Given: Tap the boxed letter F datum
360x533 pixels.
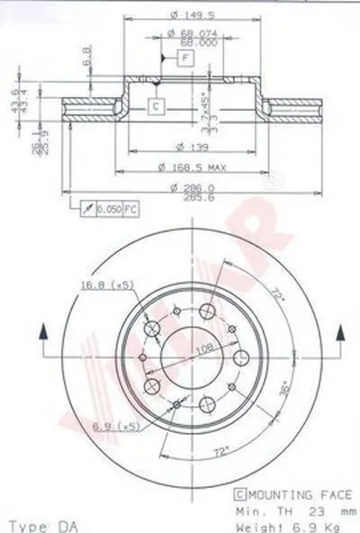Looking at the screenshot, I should (x=185, y=58).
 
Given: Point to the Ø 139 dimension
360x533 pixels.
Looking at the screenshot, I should (x=185, y=146).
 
